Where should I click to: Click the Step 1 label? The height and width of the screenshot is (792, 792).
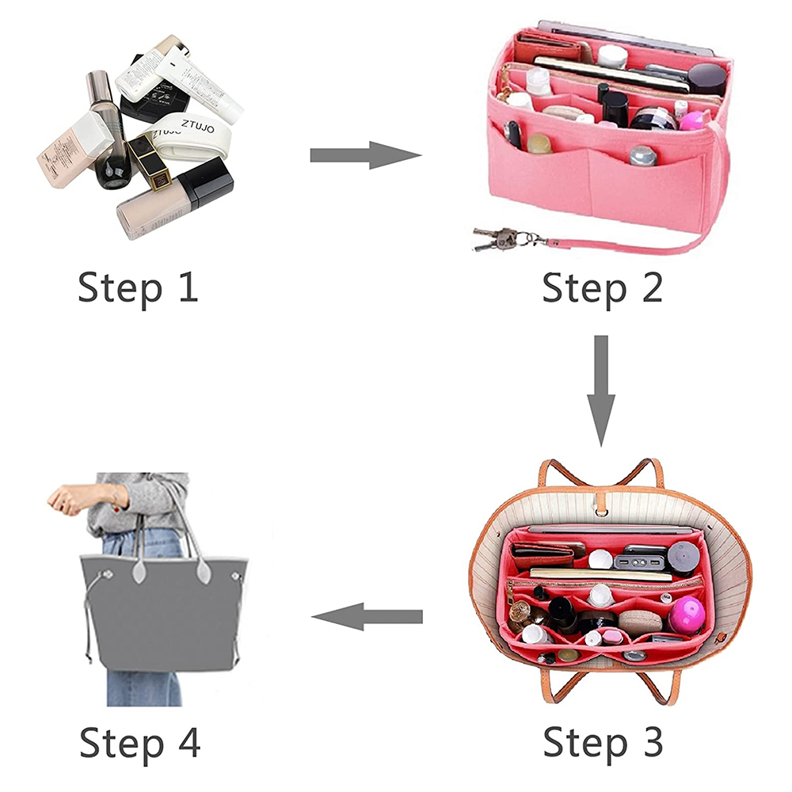[x=137, y=287]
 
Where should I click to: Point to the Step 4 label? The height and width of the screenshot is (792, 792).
[x=139, y=743]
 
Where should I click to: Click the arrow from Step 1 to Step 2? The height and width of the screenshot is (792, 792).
[x=364, y=155]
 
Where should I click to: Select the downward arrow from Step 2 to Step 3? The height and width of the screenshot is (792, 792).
[x=601, y=389]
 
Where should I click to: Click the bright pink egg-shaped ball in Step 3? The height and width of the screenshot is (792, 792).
[x=686, y=614]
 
